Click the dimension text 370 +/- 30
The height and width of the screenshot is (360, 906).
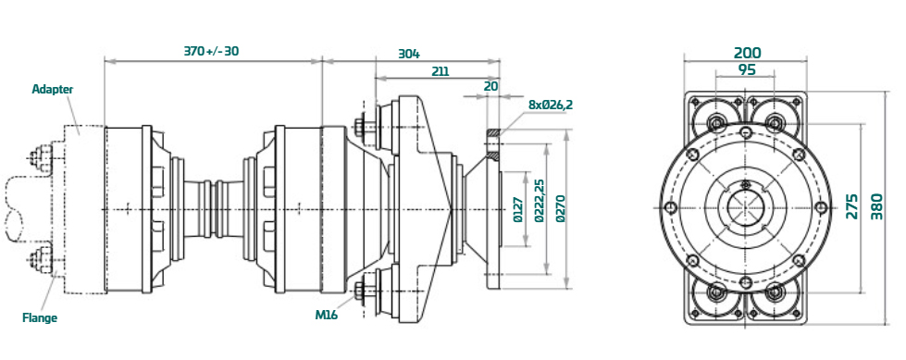click(212, 51)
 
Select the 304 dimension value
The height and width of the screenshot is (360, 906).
click(409, 55)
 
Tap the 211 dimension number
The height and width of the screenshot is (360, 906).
click(441, 71)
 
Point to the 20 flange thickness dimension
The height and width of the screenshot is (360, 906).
click(490, 85)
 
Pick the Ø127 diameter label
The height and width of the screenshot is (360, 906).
click(517, 209)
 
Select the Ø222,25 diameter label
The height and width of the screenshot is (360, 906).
click(540, 201)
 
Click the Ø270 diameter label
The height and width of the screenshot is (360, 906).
click(560, 209)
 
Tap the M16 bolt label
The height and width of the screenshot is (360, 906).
click(327, 315)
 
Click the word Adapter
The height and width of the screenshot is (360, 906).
click(53, 89)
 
